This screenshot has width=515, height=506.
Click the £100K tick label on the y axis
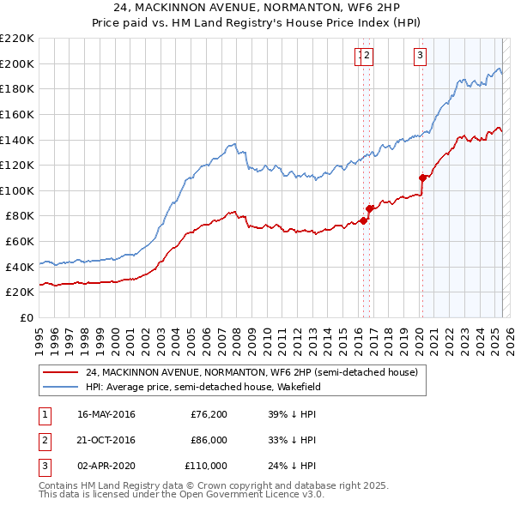17,190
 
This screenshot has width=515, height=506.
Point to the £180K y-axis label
17,88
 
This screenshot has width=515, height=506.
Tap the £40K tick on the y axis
20,267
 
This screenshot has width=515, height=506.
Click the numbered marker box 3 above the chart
420,57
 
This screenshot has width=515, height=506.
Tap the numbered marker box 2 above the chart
367,57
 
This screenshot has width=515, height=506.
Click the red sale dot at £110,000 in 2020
422,178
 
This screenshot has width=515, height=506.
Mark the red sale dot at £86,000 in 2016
369,208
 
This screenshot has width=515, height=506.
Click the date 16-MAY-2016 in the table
106,415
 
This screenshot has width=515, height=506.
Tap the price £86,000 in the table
209,440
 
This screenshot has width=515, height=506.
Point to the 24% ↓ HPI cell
292,466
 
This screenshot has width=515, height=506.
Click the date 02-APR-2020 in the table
106,466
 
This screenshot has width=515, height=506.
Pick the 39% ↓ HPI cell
292,415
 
